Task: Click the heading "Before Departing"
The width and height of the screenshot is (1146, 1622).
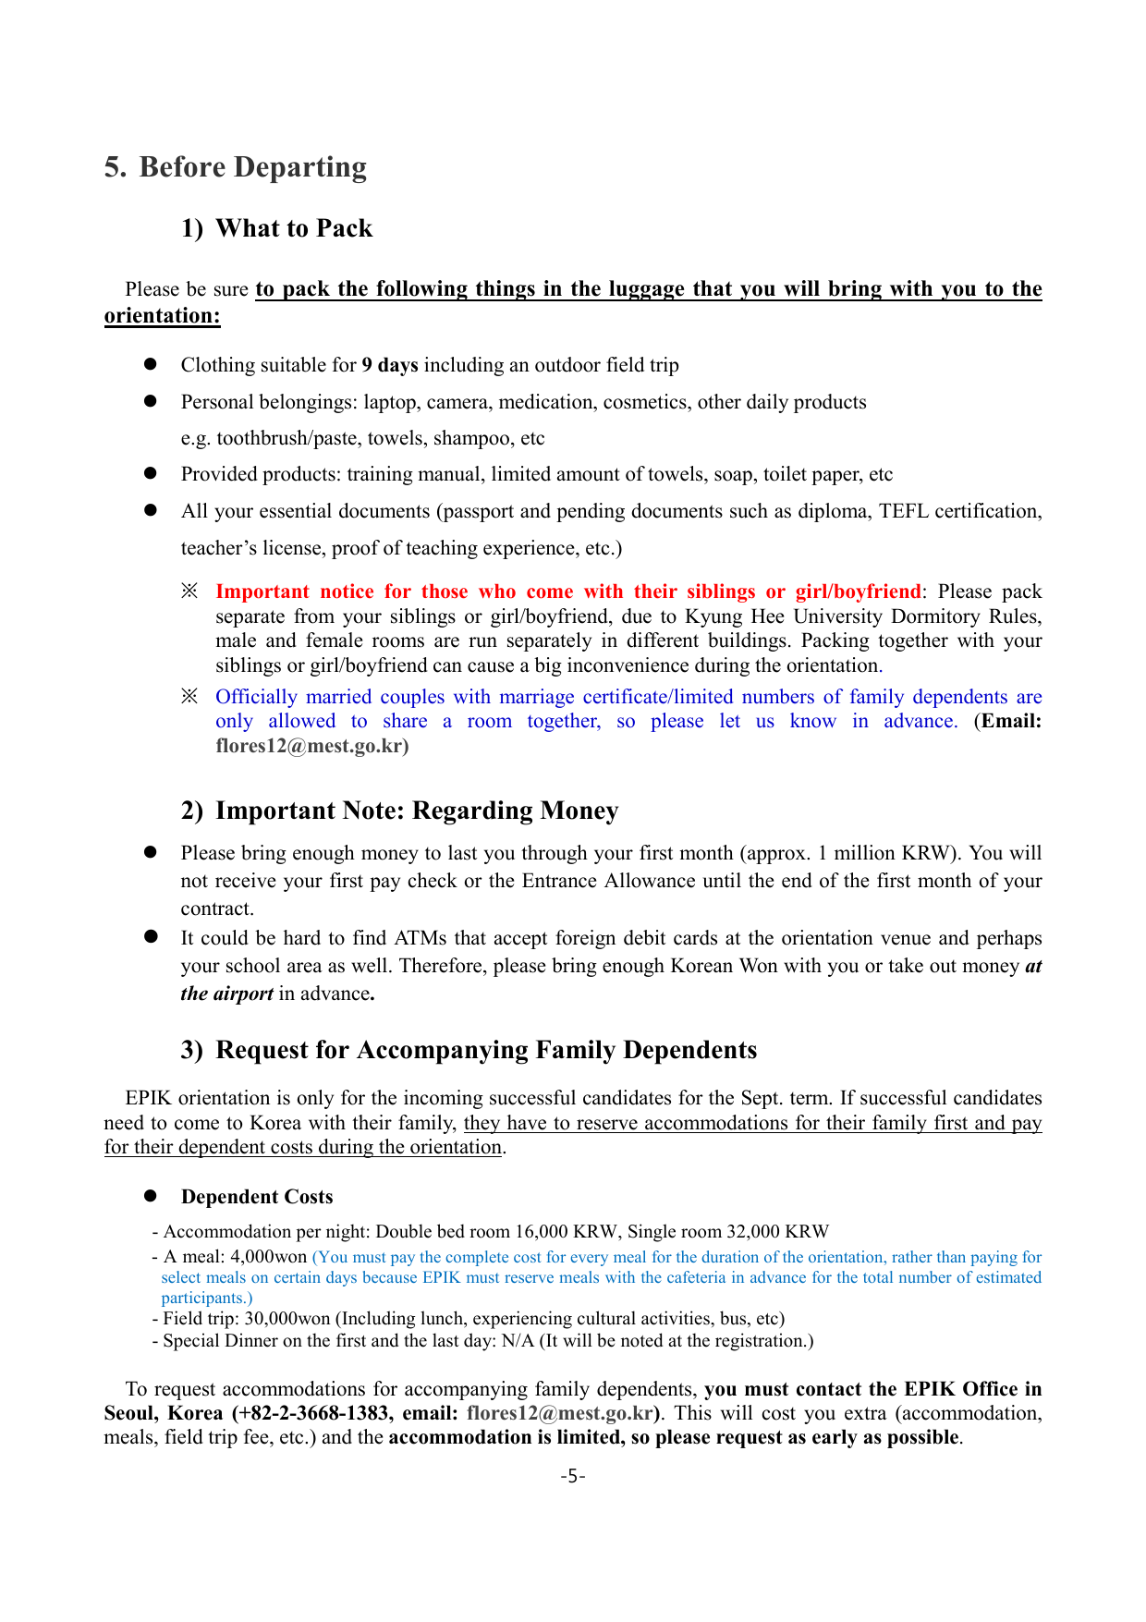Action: coord(252,167)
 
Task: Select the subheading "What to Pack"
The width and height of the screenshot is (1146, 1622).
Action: coord(294,228)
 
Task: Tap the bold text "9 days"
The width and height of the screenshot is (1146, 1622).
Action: coord(390,365)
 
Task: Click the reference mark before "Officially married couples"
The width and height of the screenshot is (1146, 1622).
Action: coord(189,697)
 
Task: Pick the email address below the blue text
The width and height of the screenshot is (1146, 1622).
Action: coord(311,746)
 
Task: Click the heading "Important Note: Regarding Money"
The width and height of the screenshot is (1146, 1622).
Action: coord(417,811)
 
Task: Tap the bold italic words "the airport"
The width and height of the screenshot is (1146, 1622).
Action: coord(226,994)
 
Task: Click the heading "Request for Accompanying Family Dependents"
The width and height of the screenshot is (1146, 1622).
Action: coord(486,1050)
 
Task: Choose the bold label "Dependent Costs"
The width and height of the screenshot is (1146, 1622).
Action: coord(257,1197)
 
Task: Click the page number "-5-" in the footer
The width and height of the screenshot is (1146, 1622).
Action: coord(573,1476)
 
